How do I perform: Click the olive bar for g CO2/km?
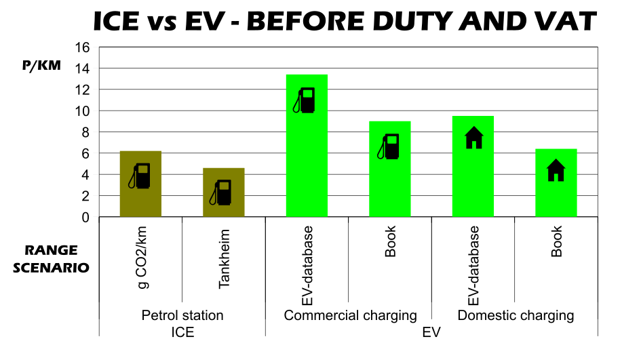[x=140, y=197]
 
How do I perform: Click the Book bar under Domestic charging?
[x=556, y=197]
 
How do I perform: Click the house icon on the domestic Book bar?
[x=556, y=170]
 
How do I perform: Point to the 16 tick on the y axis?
[x=83, y=47]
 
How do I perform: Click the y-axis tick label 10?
[x=83, y=111]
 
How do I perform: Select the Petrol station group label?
[x=182, y=316]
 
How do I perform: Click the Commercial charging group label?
[x=350, y=316]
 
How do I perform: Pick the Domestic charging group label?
[x=516, y=316]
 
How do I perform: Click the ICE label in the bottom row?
[x=182, y=332]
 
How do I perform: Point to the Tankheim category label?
[x=225, y=260]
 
